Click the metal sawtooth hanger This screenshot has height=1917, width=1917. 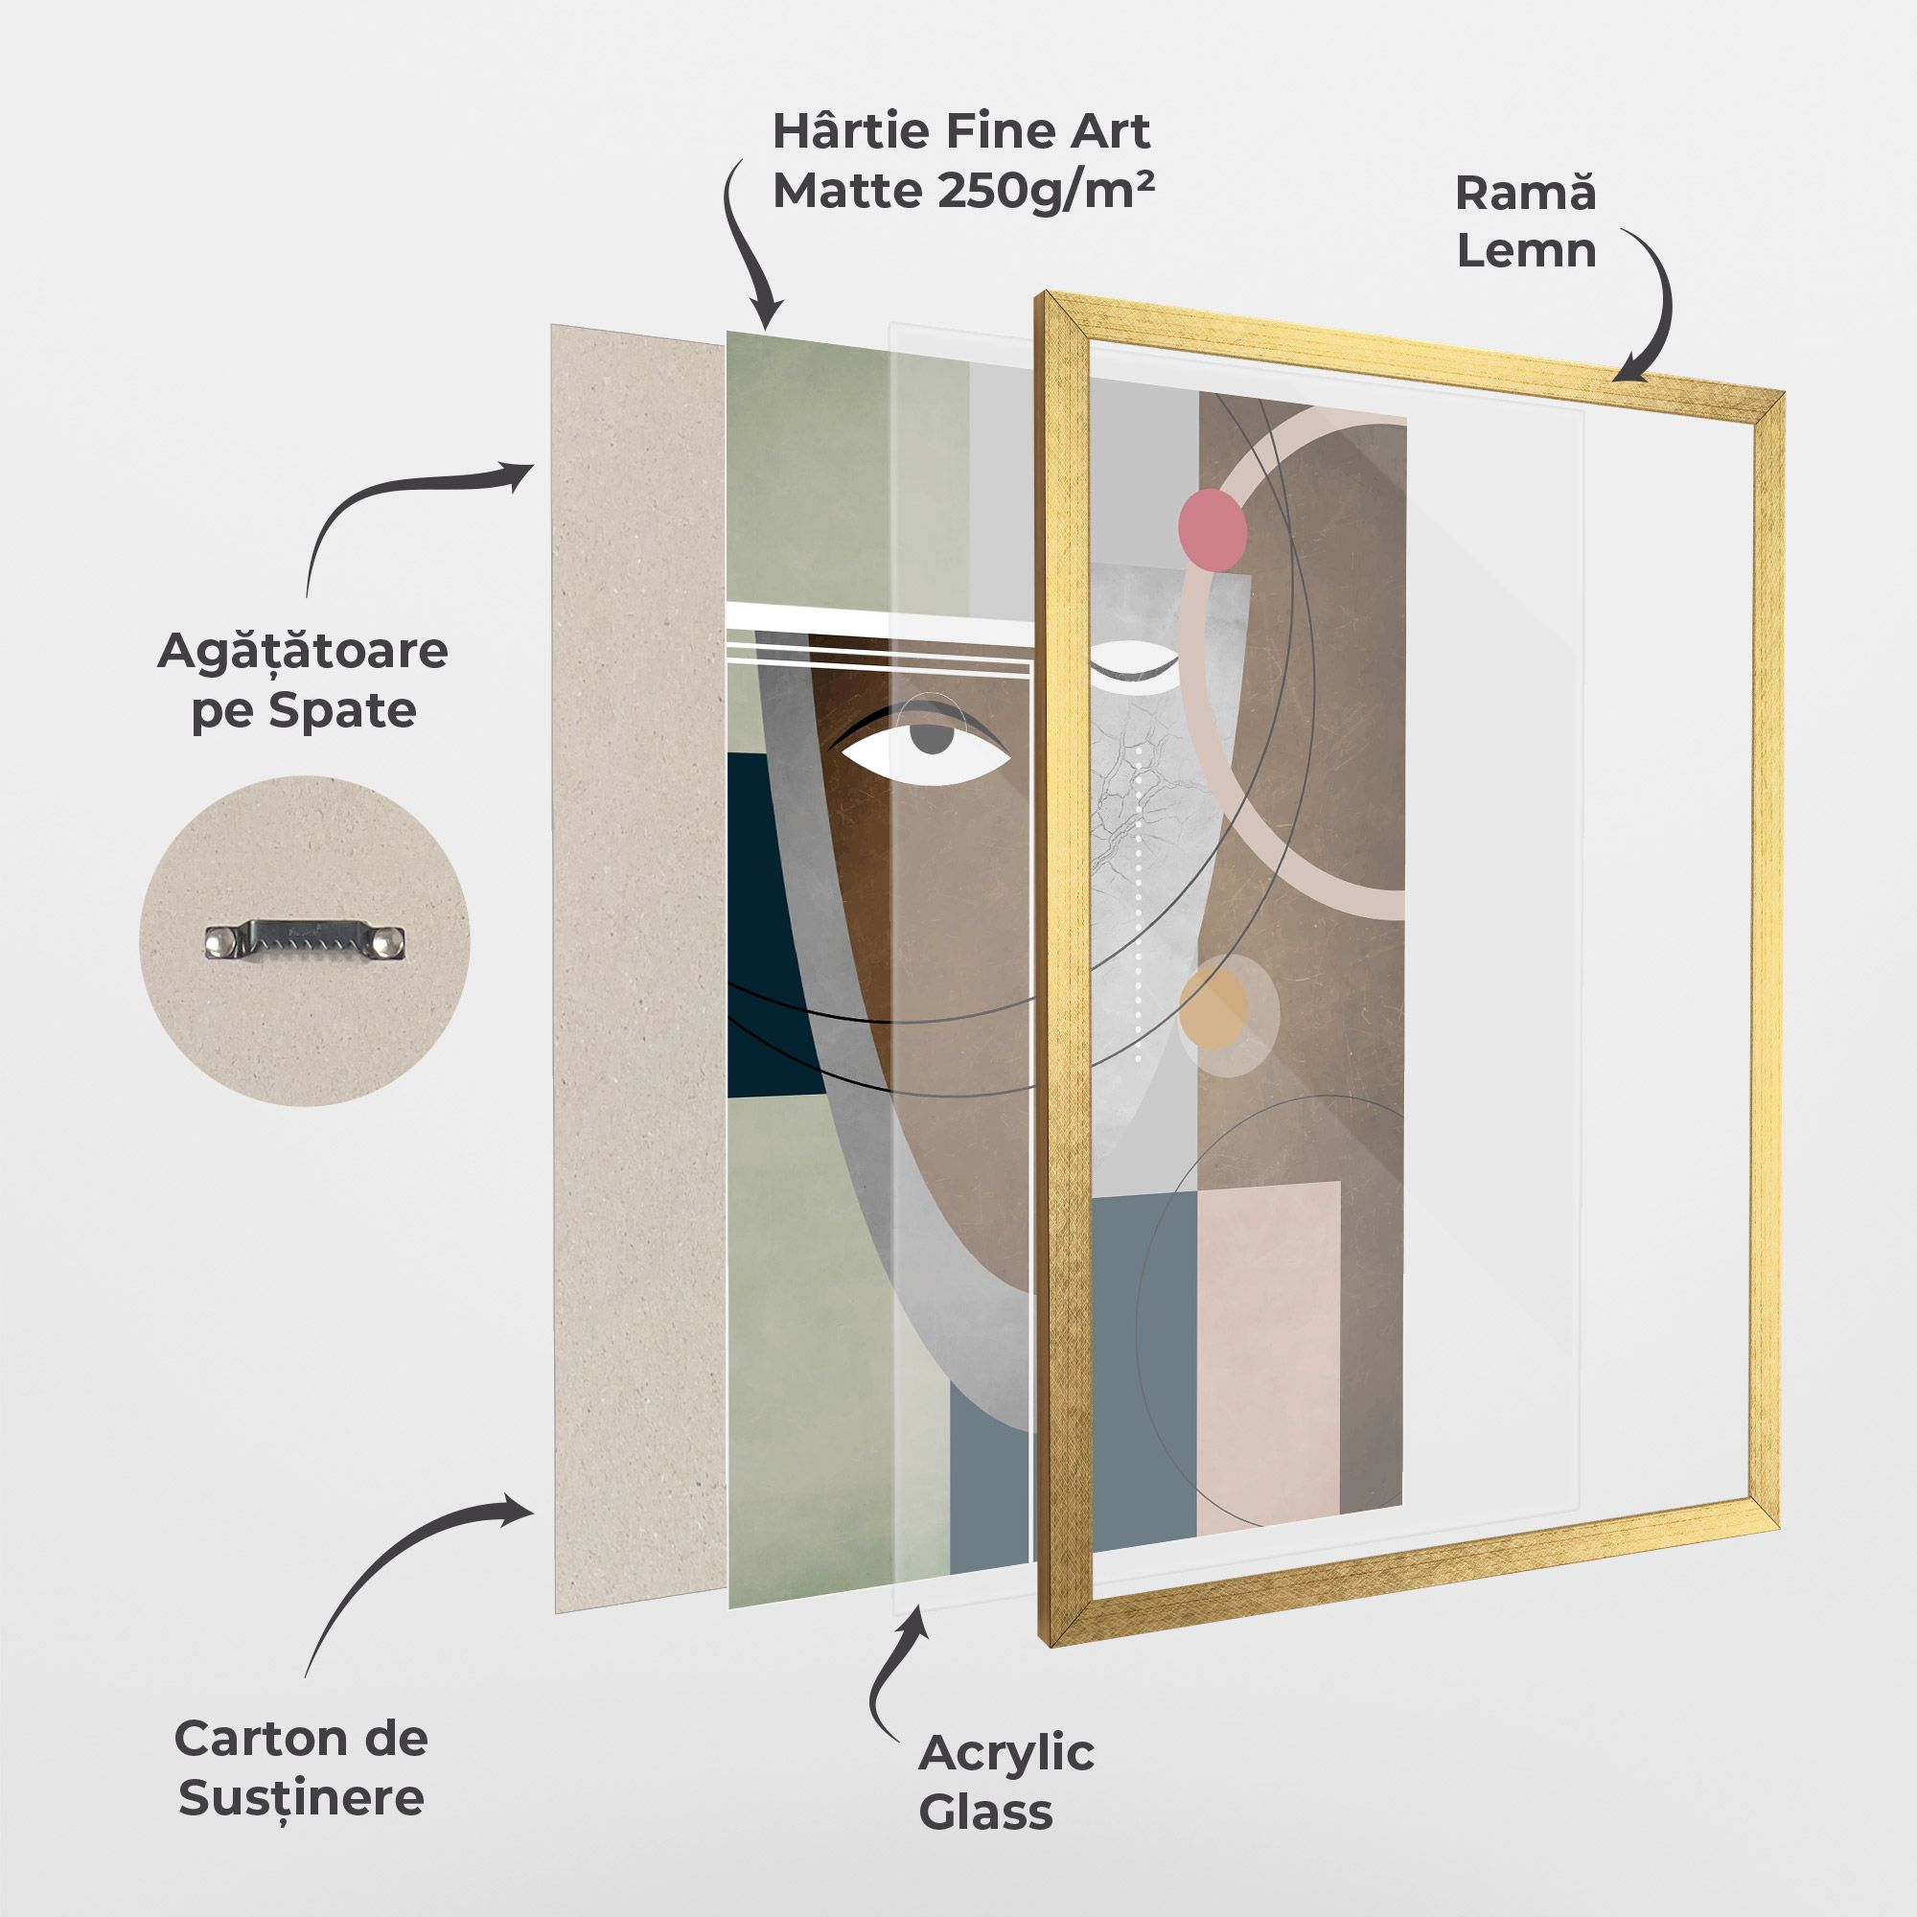(x=306, y=940)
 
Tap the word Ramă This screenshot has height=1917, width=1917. (x=1525, y=192)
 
